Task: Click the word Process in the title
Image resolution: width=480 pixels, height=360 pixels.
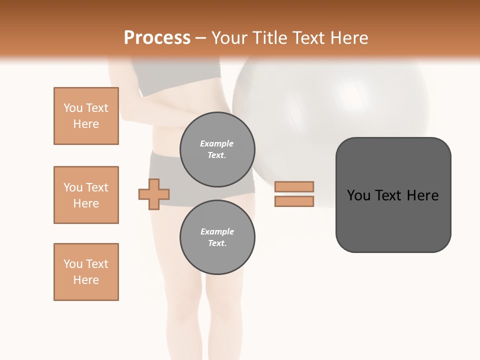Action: [157, 38]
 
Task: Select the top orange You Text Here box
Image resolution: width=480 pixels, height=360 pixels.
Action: [86, 116]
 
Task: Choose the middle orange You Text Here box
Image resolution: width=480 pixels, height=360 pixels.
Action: [86, 195]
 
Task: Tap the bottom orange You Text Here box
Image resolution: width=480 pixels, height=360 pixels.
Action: [86, 272]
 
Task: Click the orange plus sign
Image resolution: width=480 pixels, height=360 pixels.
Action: [154, 194]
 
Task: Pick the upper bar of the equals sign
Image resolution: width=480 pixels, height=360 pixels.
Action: [294, 187]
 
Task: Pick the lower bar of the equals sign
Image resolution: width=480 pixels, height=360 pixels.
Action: [294, 201]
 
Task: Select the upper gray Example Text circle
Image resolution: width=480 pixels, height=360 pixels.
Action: [217, 149]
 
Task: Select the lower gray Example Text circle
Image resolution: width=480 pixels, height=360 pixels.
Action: [217, 237]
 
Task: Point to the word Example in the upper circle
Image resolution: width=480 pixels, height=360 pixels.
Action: [217, 144]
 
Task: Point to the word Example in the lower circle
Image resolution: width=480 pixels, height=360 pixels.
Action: [217, 232]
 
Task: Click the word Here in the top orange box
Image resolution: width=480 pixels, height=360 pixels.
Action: [86, 124]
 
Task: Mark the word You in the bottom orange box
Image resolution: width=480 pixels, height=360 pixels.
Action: [72, 264]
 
